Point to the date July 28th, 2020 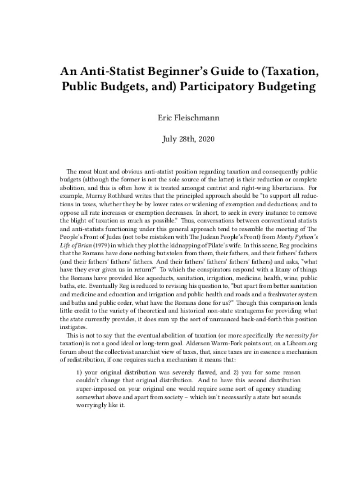pos(180,139)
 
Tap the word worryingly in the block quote pos(91,405)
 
